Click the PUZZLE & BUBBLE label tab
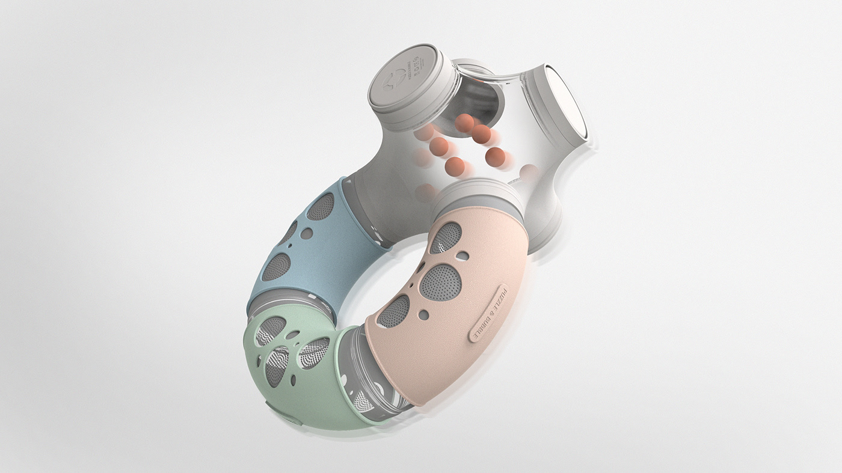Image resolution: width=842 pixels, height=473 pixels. tap(488, 313)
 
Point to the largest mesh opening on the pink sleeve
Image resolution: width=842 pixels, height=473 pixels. tap(440, 282)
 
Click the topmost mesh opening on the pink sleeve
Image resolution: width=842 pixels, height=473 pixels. tap(446, 237)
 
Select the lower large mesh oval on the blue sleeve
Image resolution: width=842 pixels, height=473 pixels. tap(276, 267)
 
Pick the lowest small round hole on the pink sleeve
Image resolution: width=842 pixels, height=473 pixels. tap(426, 314)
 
